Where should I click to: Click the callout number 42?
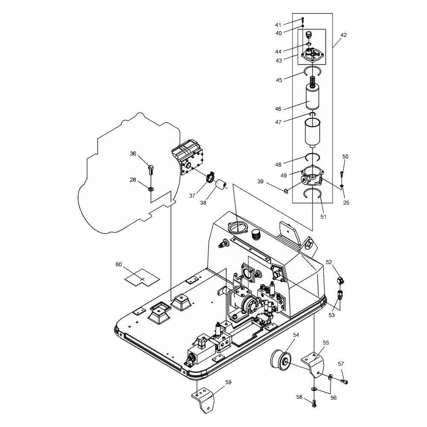coord(343,35)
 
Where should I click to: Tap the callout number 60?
coord(119,264)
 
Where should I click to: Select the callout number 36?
coord(133,154)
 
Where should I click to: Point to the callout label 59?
coord(228,382)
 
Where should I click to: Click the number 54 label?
coord(296,335)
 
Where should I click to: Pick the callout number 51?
coord(323,217)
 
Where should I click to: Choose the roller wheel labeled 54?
coord(281,361)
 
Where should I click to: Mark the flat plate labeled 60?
coord(142,278)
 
